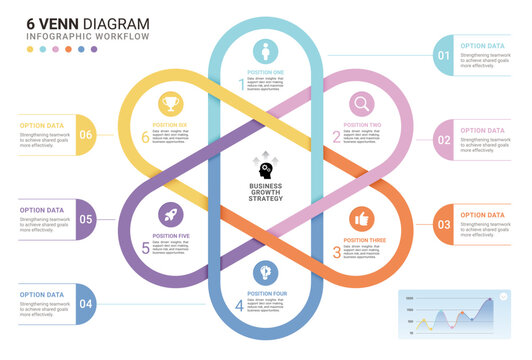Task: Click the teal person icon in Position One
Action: (x=265, y=51)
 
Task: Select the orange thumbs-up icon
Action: (x=361, y=218)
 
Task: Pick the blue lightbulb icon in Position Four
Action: (x=265, y=271)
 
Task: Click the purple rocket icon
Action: (x=168, y=214)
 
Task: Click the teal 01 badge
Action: (x=443, y=54)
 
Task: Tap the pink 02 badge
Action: (x=443, y=139)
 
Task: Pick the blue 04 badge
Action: (x=87, y=304)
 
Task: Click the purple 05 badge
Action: (x=87, y=219)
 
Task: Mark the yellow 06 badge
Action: (x=87, y=134)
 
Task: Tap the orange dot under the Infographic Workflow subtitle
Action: (x=68, y=49)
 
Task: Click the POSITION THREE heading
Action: (x=365, y=240)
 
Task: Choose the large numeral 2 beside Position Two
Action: (x=337, y=137)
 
